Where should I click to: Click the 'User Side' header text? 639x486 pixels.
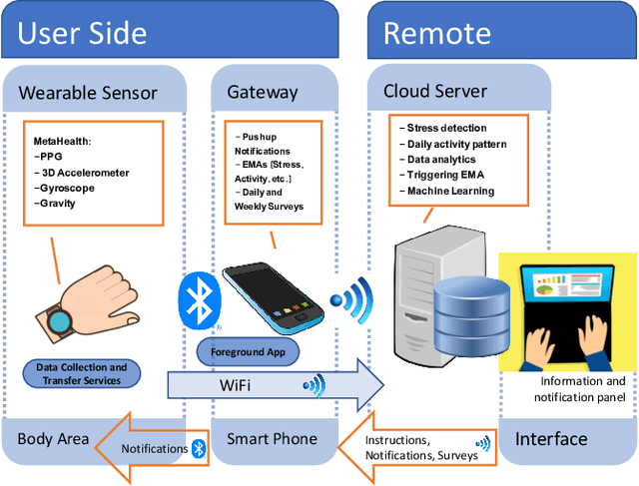82,32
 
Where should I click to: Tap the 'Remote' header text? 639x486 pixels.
437,32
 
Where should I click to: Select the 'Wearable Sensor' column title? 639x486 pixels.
88,93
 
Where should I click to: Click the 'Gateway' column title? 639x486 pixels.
263,92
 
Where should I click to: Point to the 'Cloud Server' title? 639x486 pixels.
435,91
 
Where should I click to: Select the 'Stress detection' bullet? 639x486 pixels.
446,128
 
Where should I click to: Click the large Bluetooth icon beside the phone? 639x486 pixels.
197,299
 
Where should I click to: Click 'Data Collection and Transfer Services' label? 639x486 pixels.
83,373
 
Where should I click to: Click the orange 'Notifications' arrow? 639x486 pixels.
150,448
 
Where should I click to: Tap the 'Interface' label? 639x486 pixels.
551,439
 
